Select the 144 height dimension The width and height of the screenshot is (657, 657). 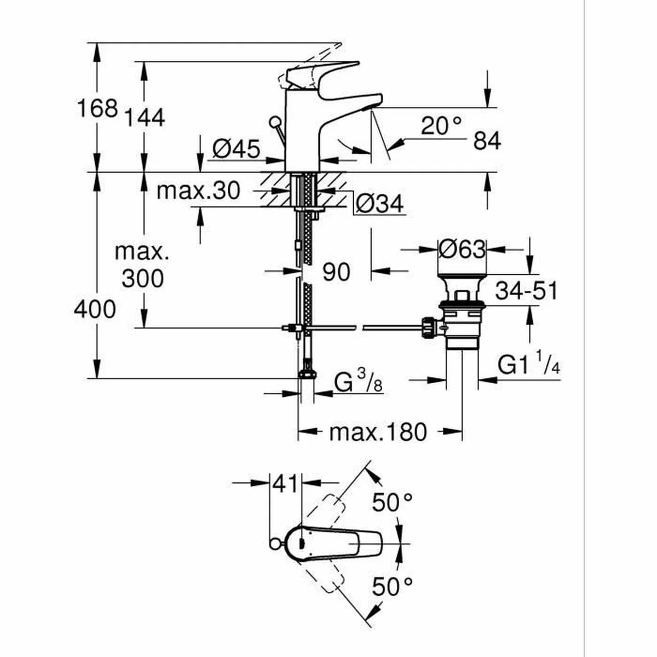[x=145, y=117]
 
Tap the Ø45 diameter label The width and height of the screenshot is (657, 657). [x=236, y=148]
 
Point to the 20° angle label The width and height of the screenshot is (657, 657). [x=441, y=126]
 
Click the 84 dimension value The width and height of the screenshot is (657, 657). [x=487, y=142]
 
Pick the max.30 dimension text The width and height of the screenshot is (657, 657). [x=198, y=191]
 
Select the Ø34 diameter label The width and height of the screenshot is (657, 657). [x=379, y=204]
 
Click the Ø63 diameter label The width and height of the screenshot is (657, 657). [x=462, y=250]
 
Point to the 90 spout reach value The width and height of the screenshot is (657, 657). [x=336, y=272]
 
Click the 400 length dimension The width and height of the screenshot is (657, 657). [x=95, y=310]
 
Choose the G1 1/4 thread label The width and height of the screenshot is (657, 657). [x=529, y=365]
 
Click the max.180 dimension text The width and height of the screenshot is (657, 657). [x=377, y=433]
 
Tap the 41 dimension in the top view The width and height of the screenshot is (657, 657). [x=285, y=484]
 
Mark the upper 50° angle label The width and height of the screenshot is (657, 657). [x=392, y=502]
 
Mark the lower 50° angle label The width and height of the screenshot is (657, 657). [x=392, y=587]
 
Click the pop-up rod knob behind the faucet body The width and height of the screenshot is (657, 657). [x=274, y=122]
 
